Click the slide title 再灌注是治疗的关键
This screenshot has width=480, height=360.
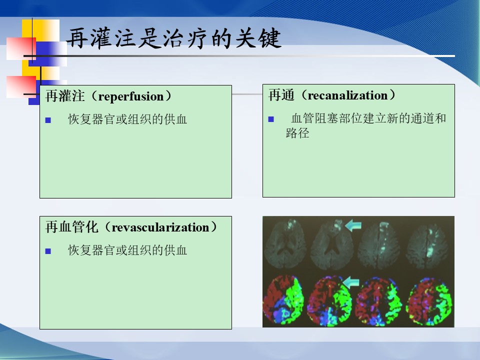point(173,38)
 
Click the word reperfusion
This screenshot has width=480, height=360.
point(131,96)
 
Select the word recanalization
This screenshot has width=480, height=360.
point(348,95)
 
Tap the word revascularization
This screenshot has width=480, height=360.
point(160,227)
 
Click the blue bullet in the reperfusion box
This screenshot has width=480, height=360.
point(48,120)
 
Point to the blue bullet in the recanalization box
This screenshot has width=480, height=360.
point(271,119)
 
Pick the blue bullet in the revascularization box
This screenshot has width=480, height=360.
point(48,251)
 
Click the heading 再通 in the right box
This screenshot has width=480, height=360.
point(281,95)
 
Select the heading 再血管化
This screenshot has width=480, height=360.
point(71,227)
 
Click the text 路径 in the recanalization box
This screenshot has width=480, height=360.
point(297,133)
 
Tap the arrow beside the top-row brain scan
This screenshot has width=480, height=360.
point(353,225)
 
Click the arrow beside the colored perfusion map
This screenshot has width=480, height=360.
point(351,282)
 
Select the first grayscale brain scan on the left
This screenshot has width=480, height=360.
point(285,244)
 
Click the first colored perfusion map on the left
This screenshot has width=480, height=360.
point(283,299)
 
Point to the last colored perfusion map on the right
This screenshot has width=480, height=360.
point(428,301)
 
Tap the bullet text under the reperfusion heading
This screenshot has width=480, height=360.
point(127,119)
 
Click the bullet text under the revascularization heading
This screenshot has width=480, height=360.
point(127,250)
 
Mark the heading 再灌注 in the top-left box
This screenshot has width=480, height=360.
point(65,96)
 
